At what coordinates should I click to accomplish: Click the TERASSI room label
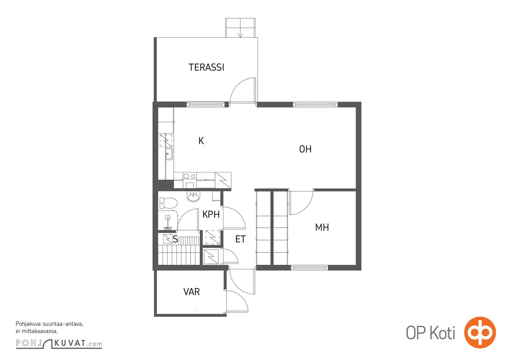point(206,67)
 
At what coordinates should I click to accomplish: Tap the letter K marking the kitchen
point(201,141)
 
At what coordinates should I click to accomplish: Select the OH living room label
point(305,149)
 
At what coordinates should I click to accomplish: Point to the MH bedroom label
point(322,227)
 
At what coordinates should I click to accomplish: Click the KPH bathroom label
point(211,215)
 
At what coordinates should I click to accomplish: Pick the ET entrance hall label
point(240,239)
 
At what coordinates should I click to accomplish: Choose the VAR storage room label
point(191,292)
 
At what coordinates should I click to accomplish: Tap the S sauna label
point(175,239)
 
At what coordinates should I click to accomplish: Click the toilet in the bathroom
point(168,203)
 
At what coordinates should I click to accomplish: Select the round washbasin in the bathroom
point(194,196)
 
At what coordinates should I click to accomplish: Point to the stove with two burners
point(190,176)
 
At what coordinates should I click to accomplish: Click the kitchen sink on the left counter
point(169,154)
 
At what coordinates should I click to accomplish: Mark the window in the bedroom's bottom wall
point(309,268)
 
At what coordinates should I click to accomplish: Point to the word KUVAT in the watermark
point(70,343)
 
